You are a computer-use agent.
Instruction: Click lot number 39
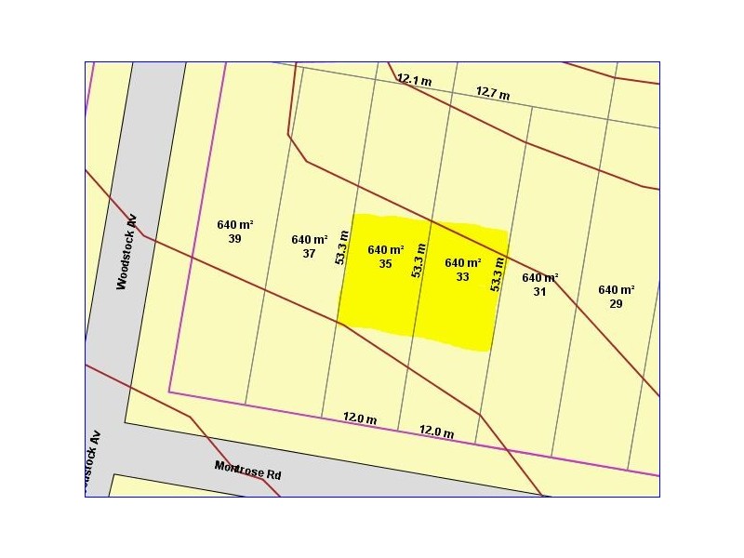click(234, 239)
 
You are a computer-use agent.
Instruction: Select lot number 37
click(309, 253)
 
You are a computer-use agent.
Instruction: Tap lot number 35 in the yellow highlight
click(385, 264)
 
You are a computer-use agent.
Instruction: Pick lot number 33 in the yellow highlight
click(462, 276)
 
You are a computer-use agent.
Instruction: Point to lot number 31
click(539, 291)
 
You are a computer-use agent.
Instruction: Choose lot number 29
click(616, 303)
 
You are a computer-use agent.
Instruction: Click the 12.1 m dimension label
click(415, 80)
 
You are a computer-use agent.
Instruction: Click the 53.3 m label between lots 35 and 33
click(419, 259)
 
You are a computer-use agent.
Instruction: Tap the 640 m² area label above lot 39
click(235, 225)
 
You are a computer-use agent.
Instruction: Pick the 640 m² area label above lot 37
click(310, 239)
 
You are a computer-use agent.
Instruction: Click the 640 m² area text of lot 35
click(386, 250)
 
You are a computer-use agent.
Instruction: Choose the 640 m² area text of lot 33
click(463, 263)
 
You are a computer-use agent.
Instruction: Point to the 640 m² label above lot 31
click(540, 278)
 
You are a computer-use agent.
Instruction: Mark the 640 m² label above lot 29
click(617, 290)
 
